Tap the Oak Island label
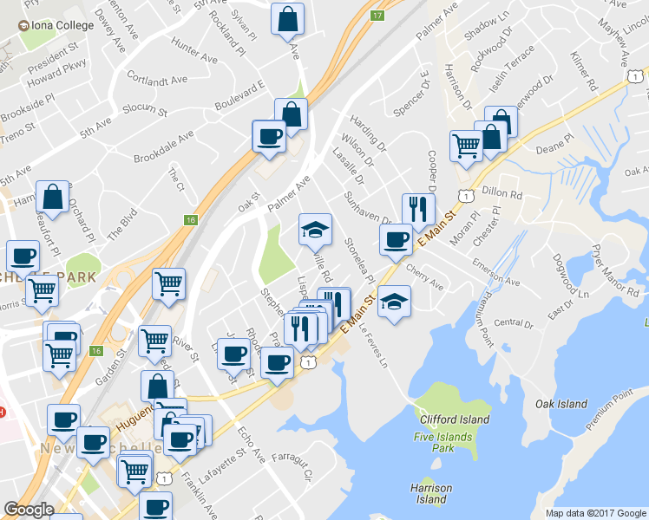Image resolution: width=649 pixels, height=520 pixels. [560, 404]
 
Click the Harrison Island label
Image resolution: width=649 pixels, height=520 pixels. [431, 494]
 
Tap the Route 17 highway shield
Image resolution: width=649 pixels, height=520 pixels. [377, 16]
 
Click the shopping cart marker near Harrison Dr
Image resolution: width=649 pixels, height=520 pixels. [466, 146]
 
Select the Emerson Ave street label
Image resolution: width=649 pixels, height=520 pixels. [496, 271]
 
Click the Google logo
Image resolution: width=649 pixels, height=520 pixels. [29, 510]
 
